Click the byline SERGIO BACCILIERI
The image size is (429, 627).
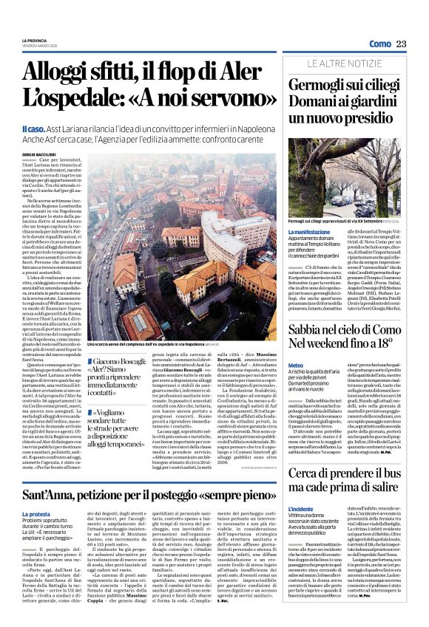pos(41,153)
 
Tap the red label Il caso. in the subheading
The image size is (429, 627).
pos(36,129)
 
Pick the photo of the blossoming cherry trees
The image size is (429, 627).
pos(347,174)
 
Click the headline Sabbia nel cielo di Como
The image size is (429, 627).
pos(346,326)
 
